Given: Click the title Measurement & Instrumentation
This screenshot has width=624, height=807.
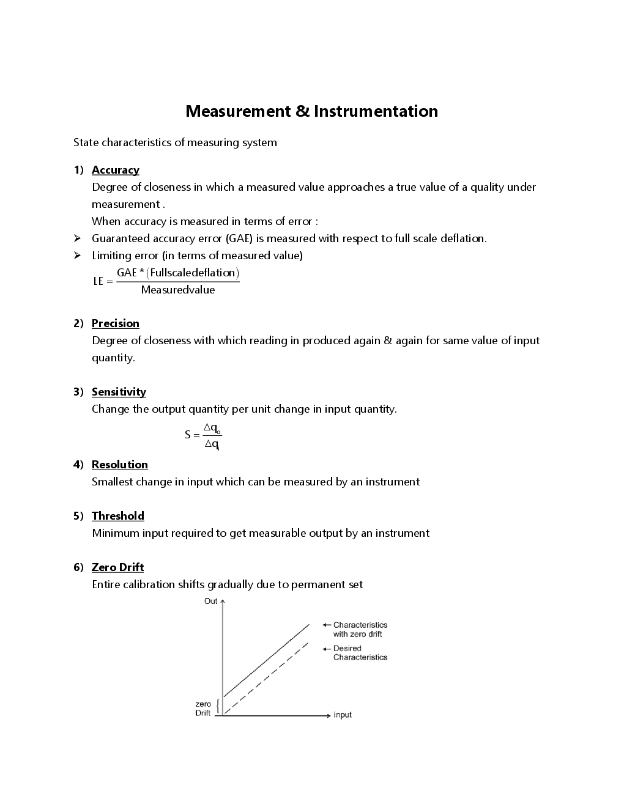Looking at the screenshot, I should [311, 111].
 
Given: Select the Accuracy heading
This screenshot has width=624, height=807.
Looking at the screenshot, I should [115, 170].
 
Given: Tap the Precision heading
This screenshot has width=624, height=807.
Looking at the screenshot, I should [115, 323].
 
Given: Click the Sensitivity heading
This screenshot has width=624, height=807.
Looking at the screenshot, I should [119, 392].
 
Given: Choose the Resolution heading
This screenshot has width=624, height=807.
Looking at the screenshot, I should [119, 465].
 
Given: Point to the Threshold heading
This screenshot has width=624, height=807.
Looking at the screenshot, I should [117, 516].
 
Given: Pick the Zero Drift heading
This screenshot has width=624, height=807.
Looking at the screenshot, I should [117, 567].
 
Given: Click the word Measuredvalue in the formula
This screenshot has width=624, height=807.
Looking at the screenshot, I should [177, 290].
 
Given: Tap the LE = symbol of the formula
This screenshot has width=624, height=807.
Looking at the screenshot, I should [103, 281].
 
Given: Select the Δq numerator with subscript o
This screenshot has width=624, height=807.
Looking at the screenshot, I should [212, 427].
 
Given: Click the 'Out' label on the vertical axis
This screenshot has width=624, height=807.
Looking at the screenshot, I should [210, 602].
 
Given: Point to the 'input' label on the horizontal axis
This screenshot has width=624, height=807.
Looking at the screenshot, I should [343, 715].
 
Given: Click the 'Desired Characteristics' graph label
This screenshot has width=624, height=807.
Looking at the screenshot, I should [360, 653].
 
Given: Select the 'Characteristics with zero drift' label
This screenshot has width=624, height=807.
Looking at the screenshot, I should [360, 630].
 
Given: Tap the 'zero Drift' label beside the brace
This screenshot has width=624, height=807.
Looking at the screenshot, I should [203, 709].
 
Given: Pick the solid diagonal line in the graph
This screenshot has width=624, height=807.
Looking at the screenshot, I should [266, 660].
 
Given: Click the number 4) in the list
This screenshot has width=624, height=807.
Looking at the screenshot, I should [78, 465].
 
